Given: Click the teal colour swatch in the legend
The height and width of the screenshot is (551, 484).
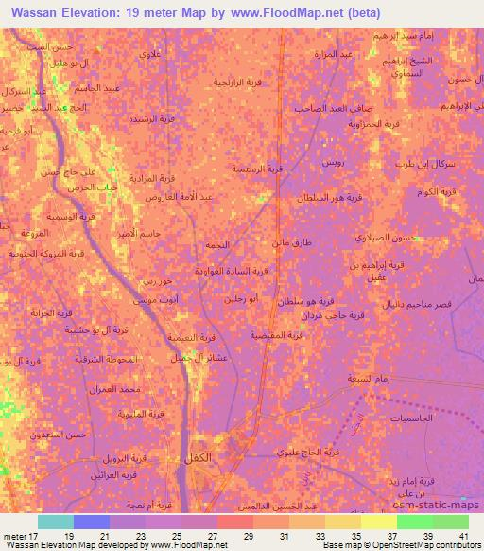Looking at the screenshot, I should pos(56,521).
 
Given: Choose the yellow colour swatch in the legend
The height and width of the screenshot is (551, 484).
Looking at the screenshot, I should pos(379,521).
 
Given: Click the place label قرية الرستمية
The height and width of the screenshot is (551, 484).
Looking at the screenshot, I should pos(258,169).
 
